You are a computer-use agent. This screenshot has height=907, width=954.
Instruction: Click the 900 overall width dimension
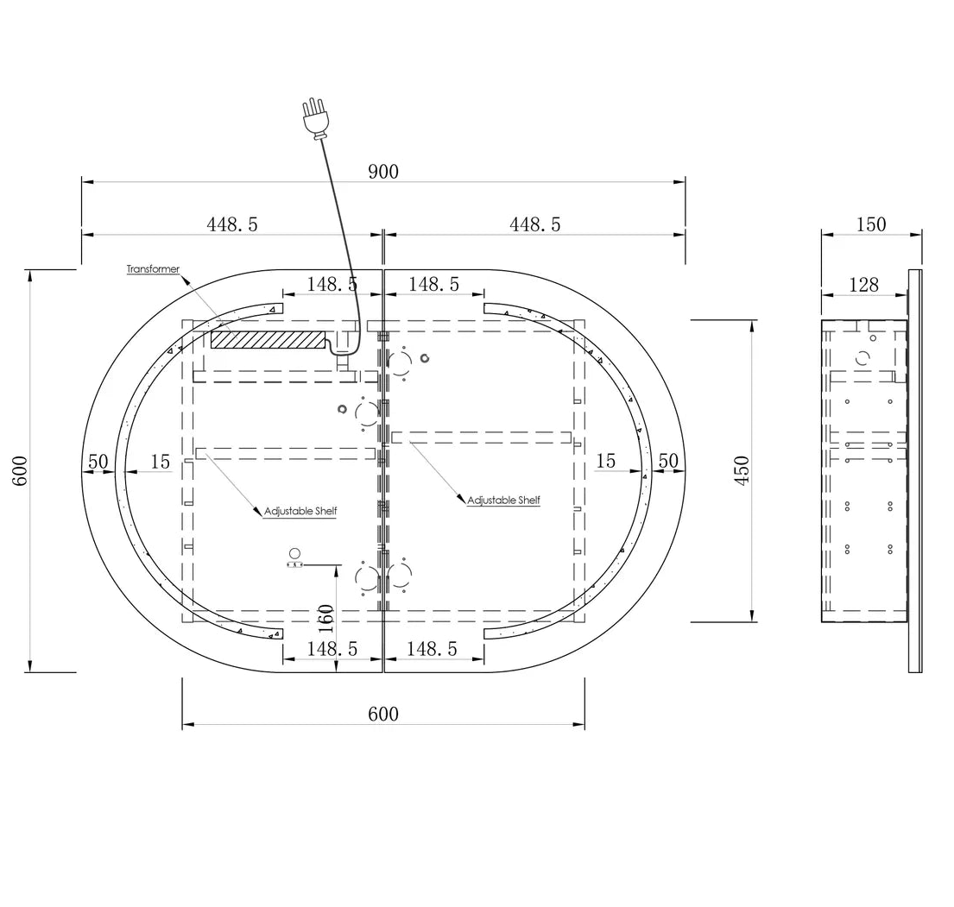pyautogui.click(x=383, y=172)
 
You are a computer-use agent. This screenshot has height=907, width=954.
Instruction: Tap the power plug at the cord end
pyautogui.click(x=315, y=118)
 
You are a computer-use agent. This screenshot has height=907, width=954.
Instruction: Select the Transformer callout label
pyautogui.click(x=153, y=269)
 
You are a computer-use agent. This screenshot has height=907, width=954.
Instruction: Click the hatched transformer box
pyautogui.click(x=268, y=339)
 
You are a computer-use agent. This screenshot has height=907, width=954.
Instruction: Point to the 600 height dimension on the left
pyautogui.click(x=20, y=470)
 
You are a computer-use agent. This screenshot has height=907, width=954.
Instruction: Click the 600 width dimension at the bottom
pyautogui.click(x=383, y=714)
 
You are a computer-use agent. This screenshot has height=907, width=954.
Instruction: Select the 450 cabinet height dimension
pyautogui.click(x=742, y=470)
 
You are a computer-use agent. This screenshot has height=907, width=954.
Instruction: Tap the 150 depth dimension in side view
pyautogui.click(x=870, y=224)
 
